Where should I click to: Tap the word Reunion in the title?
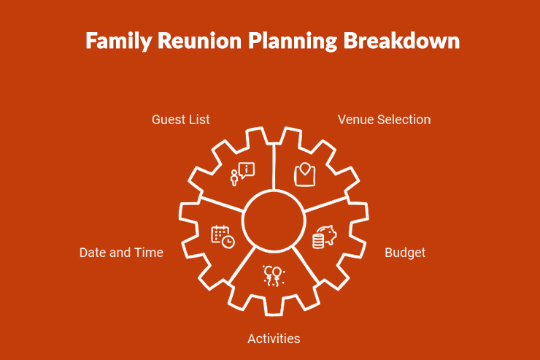pos(191,41)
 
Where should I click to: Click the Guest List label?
pos(181,119)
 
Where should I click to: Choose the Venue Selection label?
pos(384,119)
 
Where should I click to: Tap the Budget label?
pos(405,253)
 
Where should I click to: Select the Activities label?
pos(274,338)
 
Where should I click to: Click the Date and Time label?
pos(121,253)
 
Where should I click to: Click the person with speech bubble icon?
pos(242,174)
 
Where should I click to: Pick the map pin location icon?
pos(305,174)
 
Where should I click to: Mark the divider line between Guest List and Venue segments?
pos(274,164)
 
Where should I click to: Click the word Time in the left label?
pos(149,253)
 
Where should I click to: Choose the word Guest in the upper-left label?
pos(168,119)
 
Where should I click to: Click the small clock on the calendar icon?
pos(228,242)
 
